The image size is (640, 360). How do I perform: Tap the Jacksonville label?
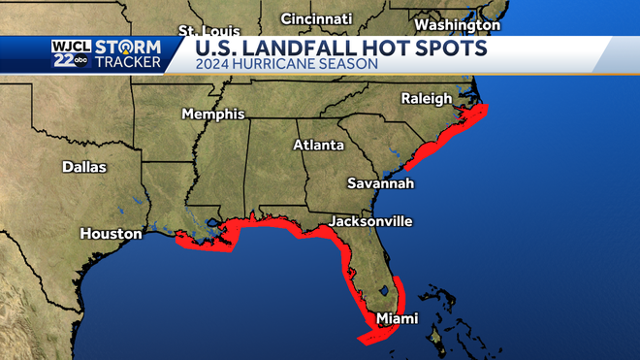[x=370, y=221]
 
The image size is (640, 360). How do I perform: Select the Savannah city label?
[x=381, y=183]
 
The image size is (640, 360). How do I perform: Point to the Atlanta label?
[x=319, y=146]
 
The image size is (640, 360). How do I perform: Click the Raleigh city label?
[x=426, y=99]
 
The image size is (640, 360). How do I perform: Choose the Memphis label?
[x=213, y=115]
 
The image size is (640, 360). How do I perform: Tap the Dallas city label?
[x=84, y=167]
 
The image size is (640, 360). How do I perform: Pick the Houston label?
[x=111, y=234]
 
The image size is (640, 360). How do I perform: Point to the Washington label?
[x=457, y=24]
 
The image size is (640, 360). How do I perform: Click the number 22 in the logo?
[x=64, y=61]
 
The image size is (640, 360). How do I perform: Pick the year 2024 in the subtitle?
[x=212, y=65]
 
